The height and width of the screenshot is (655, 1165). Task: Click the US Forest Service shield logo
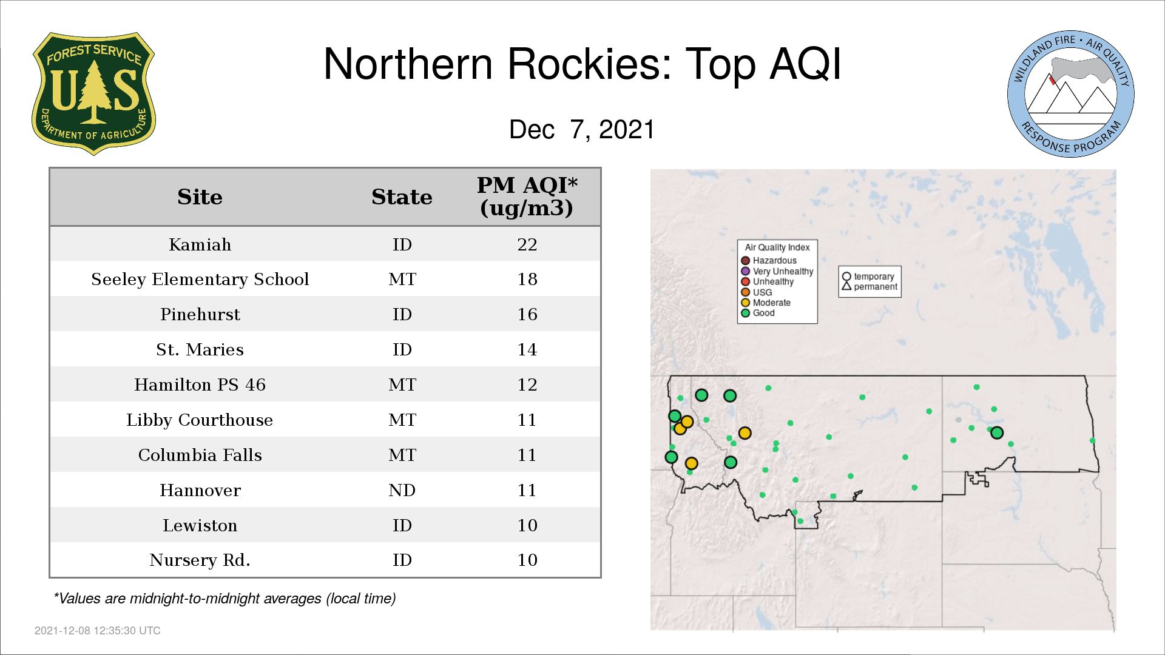pos(93,93)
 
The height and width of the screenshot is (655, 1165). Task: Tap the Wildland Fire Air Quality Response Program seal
pos(1071,94)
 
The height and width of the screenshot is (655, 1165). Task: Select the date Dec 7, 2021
pos(582,130)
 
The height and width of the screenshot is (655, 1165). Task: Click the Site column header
pos(200,197)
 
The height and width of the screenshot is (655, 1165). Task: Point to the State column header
pos(402,197)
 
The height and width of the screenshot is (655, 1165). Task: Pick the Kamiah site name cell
pos(200,244)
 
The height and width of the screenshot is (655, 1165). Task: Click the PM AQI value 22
pos(527,244)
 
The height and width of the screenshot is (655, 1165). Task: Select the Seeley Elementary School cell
pos(200,279)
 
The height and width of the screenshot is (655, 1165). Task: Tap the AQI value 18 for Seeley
pos(527,279)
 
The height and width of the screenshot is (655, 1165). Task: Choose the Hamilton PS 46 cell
pos(200,385)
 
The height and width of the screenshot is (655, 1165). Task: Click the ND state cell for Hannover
pos(402,490)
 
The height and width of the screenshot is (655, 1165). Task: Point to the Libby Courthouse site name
pos(200,420)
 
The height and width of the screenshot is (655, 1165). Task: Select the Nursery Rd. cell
pos(200,560)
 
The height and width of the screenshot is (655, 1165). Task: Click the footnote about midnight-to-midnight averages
pos(225,599)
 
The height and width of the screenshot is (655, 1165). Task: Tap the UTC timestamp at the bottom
pos(98,631)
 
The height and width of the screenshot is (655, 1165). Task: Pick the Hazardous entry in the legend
pos(769,261)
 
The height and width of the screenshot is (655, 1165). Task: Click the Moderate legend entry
pos(766,303)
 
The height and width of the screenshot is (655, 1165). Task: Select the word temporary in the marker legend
pos(874,277)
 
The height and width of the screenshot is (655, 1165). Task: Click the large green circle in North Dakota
pos(996,432)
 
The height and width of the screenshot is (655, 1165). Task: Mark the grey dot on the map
pos(958,420)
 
